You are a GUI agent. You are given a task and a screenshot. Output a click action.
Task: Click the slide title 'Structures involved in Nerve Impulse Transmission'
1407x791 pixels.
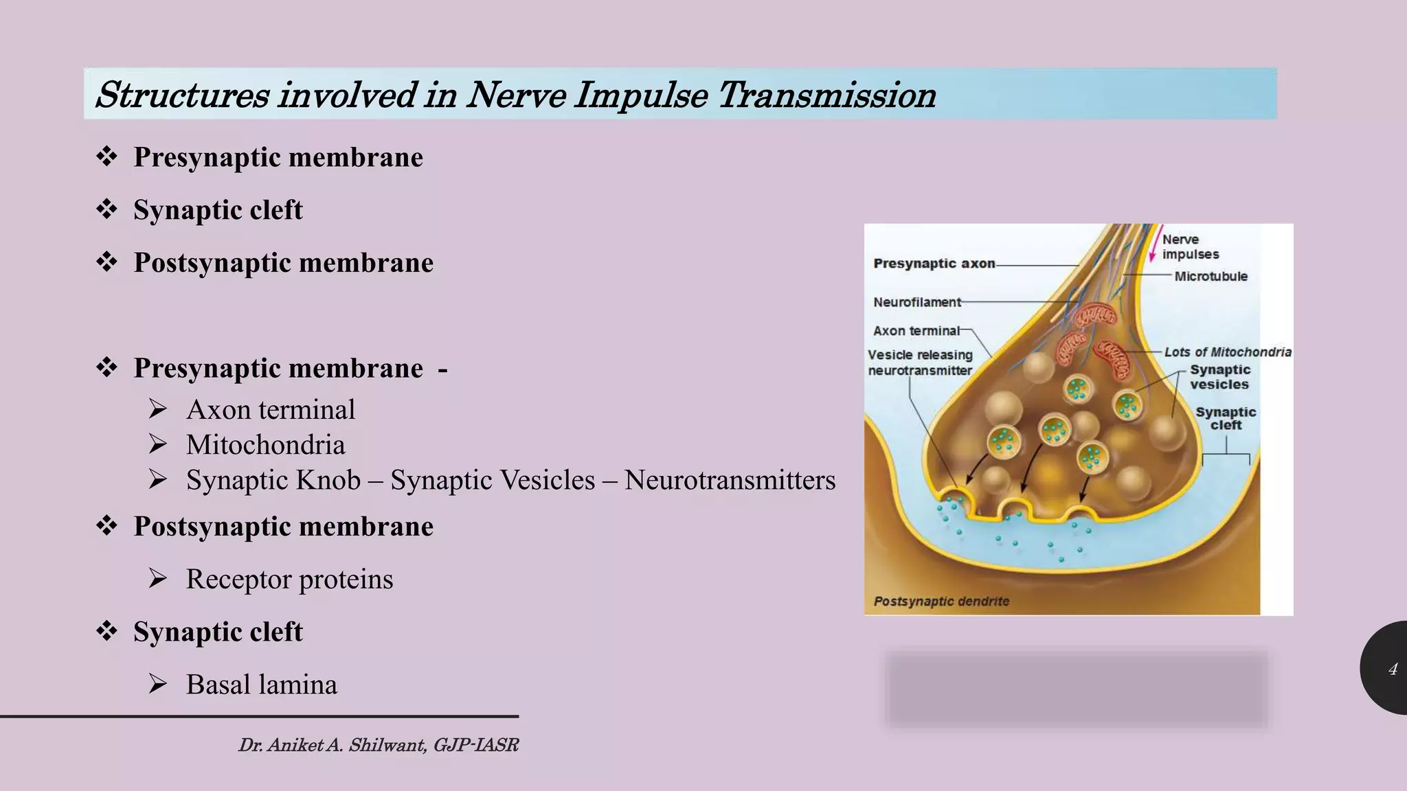click(515, 95)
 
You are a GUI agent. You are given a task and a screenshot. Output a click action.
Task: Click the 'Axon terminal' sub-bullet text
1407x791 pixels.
click(270, 410)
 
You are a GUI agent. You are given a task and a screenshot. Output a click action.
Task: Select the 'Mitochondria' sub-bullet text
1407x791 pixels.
click(265, 445)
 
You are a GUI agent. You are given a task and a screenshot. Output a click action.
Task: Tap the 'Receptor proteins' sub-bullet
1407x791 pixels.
click(289, 579)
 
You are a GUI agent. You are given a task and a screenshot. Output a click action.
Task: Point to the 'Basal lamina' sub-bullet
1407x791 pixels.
click(261, 685)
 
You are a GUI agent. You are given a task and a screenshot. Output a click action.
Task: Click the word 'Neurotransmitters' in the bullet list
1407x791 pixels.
click(730, 480)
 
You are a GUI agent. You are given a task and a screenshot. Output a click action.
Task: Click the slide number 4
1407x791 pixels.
click(1393, 669)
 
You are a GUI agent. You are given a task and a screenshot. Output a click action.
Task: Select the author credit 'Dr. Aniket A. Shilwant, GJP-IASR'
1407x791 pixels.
click(378, 745)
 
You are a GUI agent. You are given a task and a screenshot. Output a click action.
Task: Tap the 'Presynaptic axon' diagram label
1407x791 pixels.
click(934, 264)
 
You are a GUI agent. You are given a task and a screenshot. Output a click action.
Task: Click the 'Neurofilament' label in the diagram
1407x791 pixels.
click(917, 302)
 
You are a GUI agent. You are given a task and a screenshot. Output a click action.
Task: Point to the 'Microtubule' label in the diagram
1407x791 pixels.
click(1211, 277)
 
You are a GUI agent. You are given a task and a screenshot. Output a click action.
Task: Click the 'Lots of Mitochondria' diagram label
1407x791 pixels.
click(1228, 352)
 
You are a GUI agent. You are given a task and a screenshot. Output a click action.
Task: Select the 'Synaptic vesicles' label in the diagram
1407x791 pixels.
click(1219, 377)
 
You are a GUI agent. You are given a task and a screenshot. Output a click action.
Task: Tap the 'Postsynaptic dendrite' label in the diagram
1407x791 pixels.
click(941, 601)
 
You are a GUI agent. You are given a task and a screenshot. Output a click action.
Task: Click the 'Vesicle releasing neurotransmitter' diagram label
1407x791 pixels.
click(920, 363)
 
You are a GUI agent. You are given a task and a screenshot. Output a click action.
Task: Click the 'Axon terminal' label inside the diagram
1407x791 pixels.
click(916, 331)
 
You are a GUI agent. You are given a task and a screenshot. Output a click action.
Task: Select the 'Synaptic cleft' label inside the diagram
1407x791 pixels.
click(1226, 418)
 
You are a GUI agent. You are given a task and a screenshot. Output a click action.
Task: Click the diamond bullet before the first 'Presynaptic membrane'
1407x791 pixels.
click(106, 157)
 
